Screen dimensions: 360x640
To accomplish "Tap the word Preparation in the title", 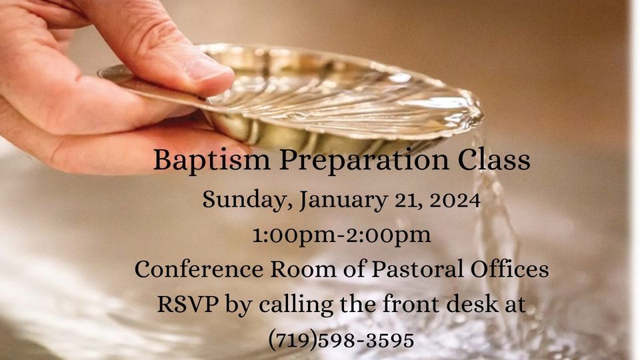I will click(339, 161).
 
